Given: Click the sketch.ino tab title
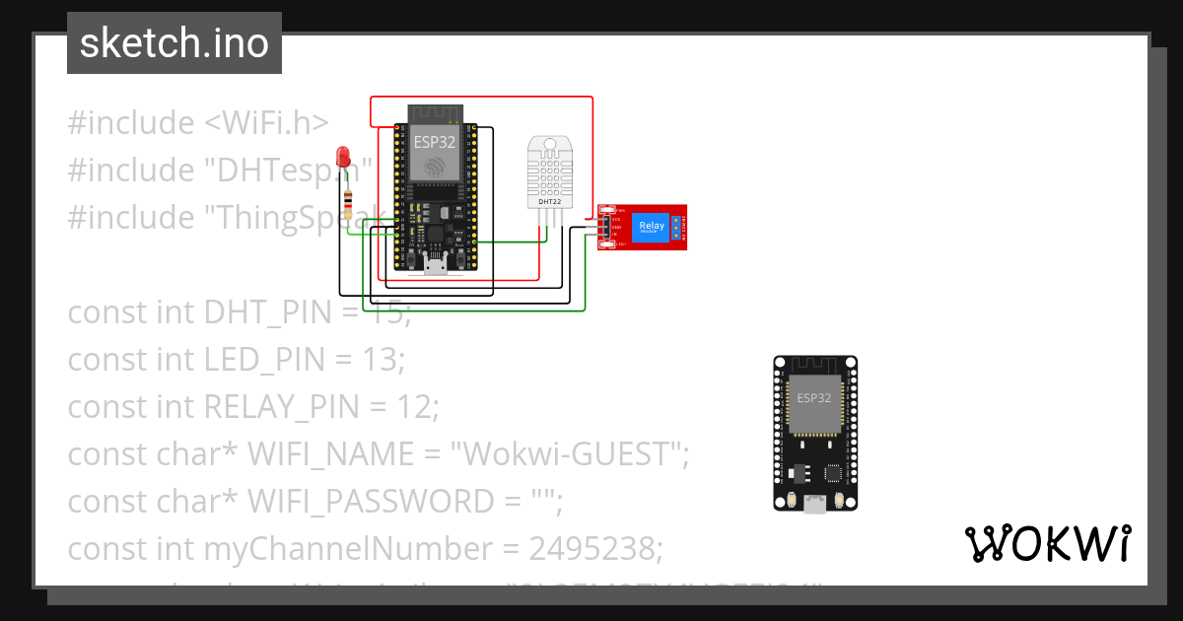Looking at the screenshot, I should click(x=174, y=43).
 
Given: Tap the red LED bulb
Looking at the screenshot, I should click(x=343, y=157).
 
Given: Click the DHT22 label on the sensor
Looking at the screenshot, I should click(x=550, y=202).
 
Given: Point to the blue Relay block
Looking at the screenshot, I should click(x=652, y=227).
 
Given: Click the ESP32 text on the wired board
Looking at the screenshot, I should click(x=435, y=142).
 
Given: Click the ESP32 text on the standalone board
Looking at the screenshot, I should click(x=814, y=398).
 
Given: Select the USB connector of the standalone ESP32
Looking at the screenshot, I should click(x=814, y=504).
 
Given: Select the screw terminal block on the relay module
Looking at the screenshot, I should click(x=678, y=228).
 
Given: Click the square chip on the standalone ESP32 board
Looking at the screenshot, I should click(x=836, y=473).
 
